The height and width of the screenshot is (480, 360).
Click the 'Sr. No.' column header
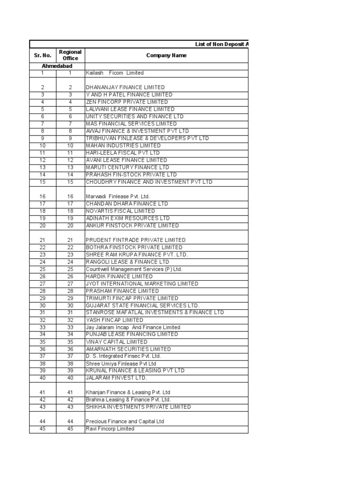[42, 55]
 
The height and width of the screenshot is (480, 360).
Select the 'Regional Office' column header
[70, 55]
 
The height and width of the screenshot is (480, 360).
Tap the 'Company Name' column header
[166, 55]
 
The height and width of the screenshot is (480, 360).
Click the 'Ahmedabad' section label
[57, 67]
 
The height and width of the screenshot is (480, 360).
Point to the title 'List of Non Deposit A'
[221, 44]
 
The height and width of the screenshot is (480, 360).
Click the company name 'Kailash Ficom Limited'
[114, 73]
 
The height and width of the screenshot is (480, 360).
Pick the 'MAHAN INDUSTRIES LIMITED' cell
[123, 146]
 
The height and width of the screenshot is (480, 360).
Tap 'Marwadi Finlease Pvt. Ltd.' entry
[117, 196]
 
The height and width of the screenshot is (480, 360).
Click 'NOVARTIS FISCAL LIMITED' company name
[120, 211]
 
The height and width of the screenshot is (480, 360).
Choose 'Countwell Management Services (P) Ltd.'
[134, 270]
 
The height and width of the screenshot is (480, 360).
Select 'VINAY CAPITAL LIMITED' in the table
[116, 342]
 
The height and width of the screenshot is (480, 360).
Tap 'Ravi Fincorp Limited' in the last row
[110, 429]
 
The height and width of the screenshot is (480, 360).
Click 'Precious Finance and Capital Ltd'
[125, 421]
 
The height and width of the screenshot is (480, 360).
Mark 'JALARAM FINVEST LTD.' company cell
[116, 378]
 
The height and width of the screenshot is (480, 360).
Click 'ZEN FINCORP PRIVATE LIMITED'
[127, 102]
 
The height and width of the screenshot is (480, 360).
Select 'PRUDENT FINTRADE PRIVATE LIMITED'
[135, 240]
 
